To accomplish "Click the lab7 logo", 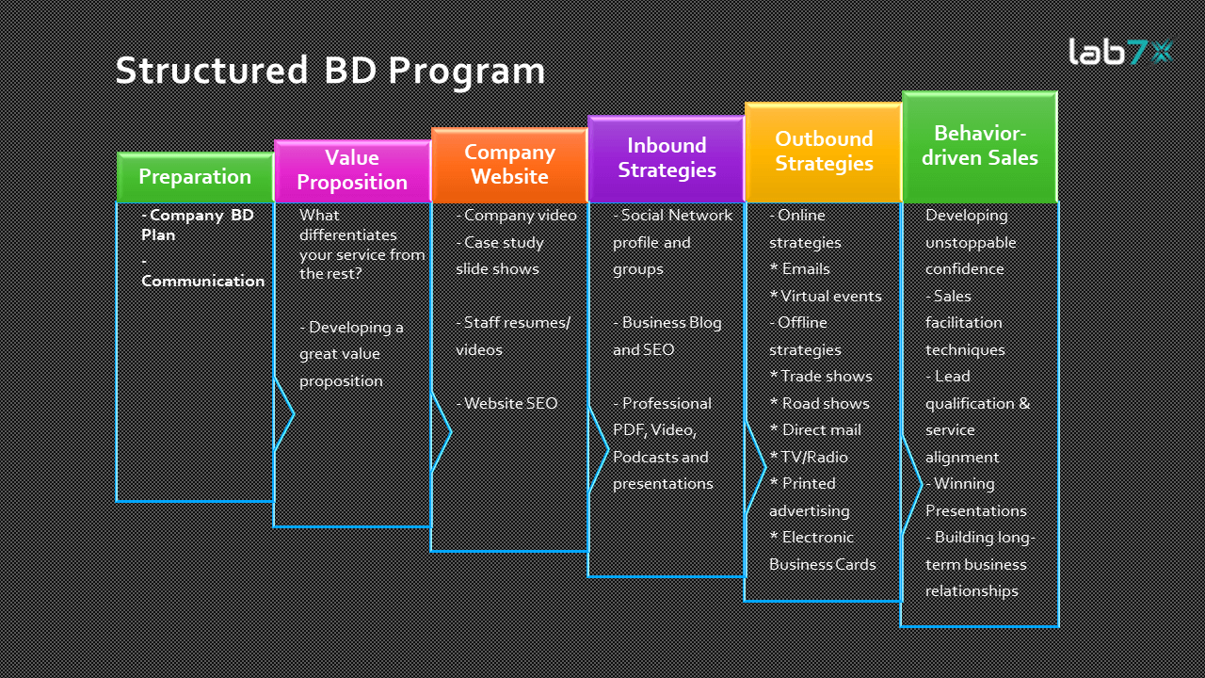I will pyautogui.click(x=1120, y=51).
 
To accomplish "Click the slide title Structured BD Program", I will pyautogui.click(x=329, y=72).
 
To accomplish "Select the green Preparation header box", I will pyautogui.click(x=195, y=177).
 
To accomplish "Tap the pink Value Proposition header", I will pyautogui.click(x=352, y=170).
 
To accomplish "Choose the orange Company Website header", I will pyautogui.click(x=509, y=165).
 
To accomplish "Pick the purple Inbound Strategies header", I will pyautogui.click(x=667, y=158).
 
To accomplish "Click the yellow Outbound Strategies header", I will pyautogui.click(x=824, y=152).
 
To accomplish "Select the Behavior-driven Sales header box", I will pyautogui.click(x=980, y=146).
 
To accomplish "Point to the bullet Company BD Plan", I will pyautogui.click(x=198, y=224).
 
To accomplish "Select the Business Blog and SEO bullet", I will pyautogui.click(x=667, y=335).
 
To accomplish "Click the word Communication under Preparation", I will pyautogui.click(x=202, y=281).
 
